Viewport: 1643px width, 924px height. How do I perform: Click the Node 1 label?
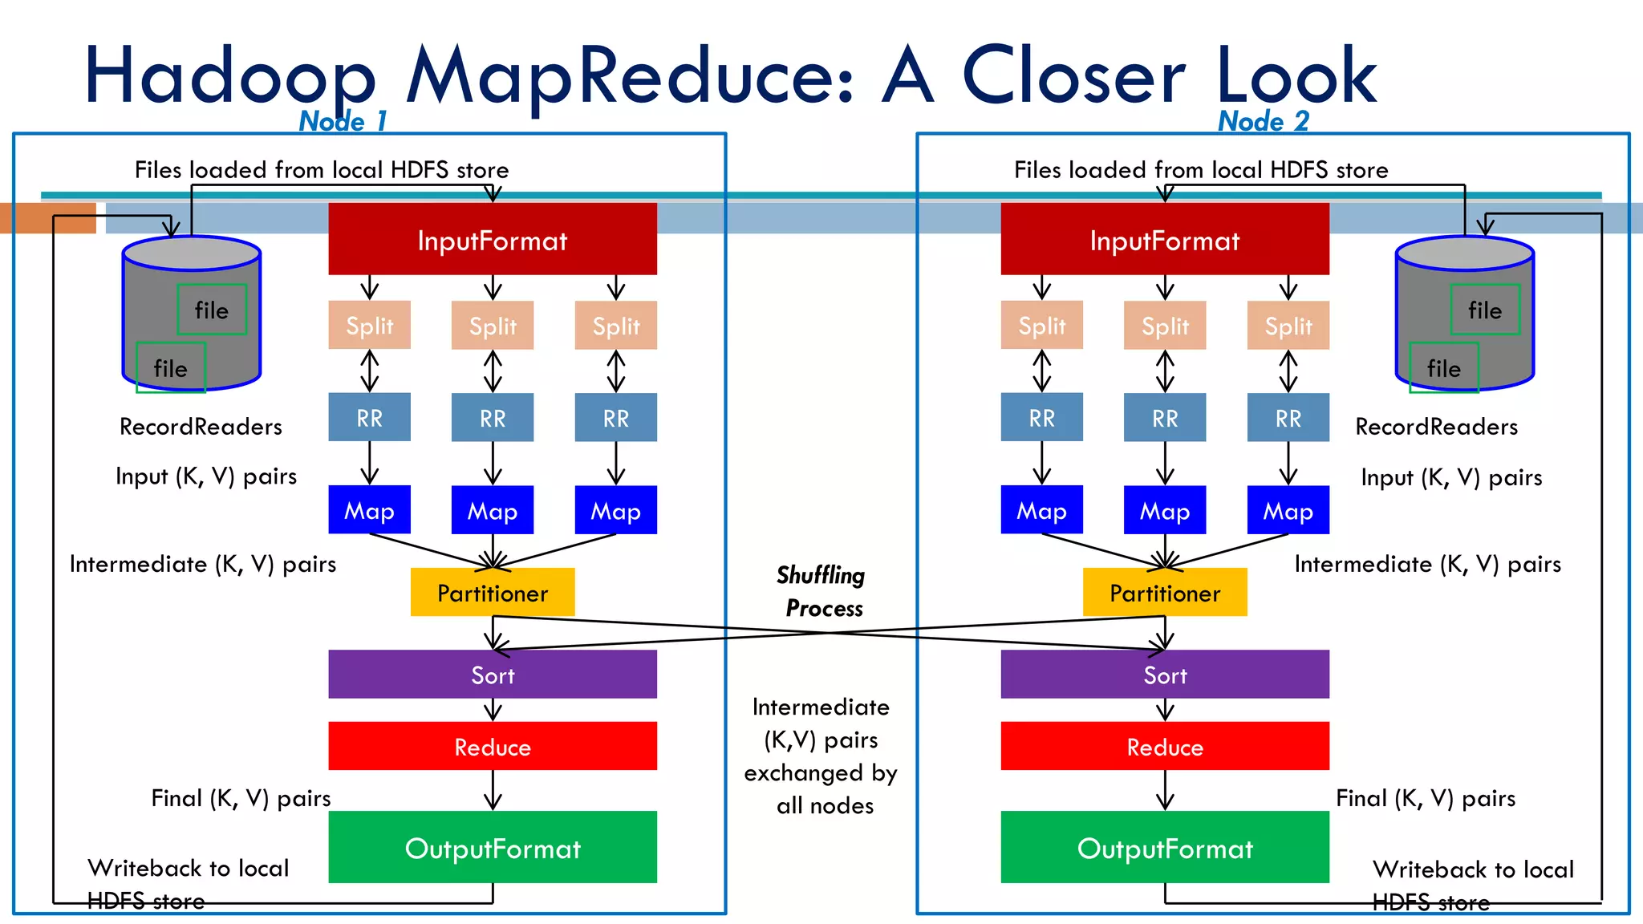[x=343, y=121]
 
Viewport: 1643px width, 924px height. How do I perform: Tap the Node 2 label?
[x=1263, y=121]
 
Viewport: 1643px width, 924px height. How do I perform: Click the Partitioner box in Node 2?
[x=1164, y=592]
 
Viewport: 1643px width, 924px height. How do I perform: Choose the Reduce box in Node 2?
[x=1164, y=746]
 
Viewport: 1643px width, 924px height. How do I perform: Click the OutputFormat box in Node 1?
[x=492, y=847]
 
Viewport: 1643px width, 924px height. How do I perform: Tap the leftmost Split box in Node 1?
[x=369, y=325]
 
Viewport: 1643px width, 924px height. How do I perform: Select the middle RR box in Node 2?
[x=1164, y=417]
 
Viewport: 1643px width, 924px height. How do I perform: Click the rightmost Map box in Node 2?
[x=1288, y=509]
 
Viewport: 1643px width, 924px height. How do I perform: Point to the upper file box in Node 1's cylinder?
[x=212, y=310]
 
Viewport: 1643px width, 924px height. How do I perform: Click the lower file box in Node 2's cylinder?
[x=1443, y=368]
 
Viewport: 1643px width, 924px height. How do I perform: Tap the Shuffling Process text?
[x=821, y=591]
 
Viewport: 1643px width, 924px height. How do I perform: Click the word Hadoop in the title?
[x=230, y=76]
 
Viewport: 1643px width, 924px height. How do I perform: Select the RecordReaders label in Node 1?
[x=201, y=426]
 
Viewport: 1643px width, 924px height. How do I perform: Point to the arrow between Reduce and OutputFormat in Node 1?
[x=493, y=790]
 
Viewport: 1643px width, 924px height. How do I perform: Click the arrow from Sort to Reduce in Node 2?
[x=1165, y=710]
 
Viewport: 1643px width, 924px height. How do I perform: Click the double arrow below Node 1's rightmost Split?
[x=615, y=371]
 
